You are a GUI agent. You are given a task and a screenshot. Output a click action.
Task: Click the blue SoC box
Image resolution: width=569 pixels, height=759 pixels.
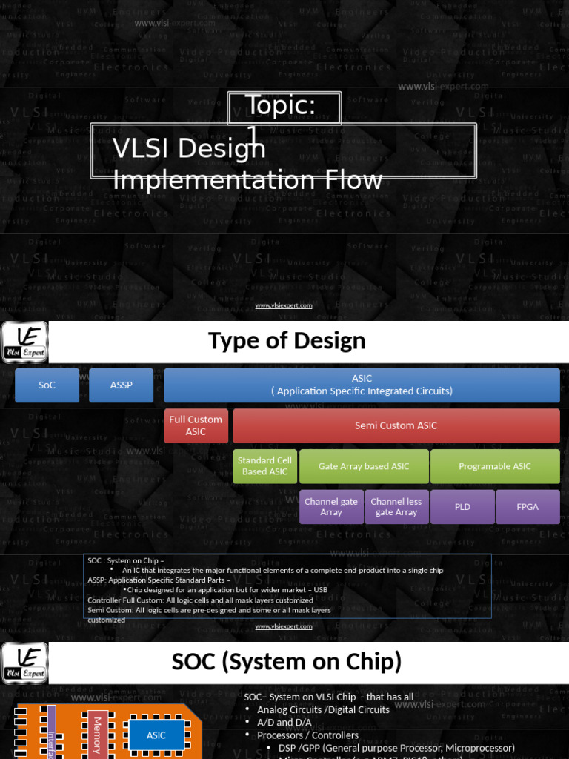click(x=47, y=385)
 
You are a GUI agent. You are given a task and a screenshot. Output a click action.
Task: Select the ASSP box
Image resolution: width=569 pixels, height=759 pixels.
click(x=121, y=385)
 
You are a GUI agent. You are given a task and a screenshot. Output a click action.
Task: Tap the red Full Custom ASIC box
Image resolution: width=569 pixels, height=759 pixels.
click(x=196, y=425)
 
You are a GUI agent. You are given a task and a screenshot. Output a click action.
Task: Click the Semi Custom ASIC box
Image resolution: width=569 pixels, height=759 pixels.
click(x=396, y=425)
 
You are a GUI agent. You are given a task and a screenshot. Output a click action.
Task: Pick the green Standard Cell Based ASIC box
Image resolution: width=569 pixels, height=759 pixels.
click(x=265, y=466)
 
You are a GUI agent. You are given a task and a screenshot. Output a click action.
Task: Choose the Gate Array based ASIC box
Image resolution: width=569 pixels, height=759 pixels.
click(x=364, y=466)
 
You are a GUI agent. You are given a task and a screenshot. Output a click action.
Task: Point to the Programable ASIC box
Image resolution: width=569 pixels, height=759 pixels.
click(x=495, y=466)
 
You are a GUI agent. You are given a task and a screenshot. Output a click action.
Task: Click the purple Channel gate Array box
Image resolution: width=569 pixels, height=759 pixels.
click(x=331, y=507)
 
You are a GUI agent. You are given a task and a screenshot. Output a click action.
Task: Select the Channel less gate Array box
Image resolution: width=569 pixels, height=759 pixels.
click(x=396, y=507)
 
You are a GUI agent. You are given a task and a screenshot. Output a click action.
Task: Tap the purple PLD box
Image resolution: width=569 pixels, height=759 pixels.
click(x=462, y=507)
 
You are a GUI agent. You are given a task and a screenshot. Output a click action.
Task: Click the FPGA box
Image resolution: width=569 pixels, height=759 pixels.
click(x=528, y=507)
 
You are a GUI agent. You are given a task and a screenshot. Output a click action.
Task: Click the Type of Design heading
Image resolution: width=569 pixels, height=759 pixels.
click(x=287, y=341)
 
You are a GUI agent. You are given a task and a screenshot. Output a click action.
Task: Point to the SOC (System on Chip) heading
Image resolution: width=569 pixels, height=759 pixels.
click(x=287, y=662)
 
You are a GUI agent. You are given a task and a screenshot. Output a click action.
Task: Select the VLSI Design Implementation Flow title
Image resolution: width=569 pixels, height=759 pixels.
click(x=247, y=164)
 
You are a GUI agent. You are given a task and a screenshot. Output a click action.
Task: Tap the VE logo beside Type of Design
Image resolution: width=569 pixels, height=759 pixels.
click(x=24, y=342)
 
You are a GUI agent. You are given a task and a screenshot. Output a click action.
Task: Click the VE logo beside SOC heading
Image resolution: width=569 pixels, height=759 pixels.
click(x=24, y=663)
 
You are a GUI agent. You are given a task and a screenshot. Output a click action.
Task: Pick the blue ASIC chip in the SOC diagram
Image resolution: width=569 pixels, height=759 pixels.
click(x=156, y=735)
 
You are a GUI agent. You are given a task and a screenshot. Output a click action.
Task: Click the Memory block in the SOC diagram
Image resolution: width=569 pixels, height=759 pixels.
click(x=97, y=735)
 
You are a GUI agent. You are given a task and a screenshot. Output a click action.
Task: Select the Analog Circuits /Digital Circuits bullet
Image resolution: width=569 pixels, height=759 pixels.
click(x=323, y=709)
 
